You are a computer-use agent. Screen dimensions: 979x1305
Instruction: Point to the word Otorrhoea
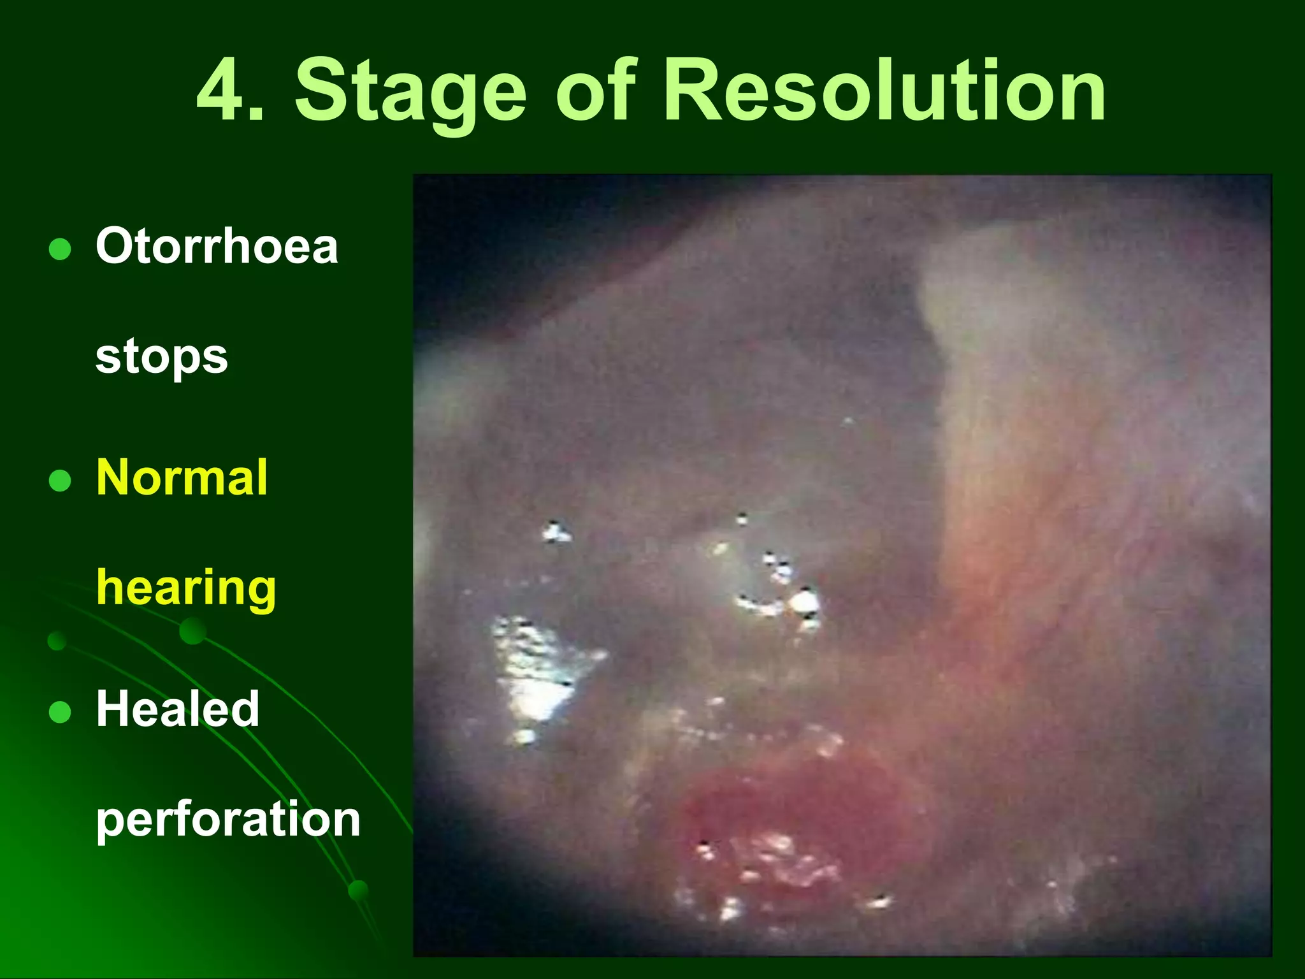(217, 246)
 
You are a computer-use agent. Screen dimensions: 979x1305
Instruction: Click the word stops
(161, 357)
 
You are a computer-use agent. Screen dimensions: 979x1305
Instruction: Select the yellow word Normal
(182, 477)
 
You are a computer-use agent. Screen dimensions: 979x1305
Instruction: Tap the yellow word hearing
(186, 588)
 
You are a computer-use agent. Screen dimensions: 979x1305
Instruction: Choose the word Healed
(178, 709)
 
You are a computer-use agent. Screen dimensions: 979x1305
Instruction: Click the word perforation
(228, 820)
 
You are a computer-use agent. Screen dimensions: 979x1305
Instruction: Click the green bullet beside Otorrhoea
(60, 249)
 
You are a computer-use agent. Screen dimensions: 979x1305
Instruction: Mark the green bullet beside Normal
(60, 481)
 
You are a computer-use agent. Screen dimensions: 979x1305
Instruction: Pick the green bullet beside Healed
(60, 712)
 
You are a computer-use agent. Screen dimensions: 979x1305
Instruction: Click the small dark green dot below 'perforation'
(358, 890)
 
